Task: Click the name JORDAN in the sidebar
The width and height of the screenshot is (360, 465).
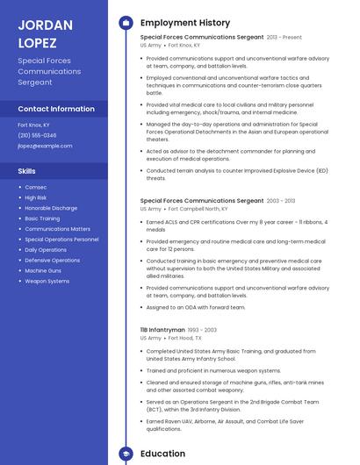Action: pos(45,25)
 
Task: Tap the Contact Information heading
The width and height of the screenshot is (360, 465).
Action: pos(56,109)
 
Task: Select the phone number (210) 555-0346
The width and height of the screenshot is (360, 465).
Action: pos(37,135)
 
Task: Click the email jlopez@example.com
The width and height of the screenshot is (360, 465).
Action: pos(45,146)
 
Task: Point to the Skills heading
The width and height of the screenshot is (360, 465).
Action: pos(27,171)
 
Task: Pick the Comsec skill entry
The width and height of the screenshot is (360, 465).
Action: pos(36,187)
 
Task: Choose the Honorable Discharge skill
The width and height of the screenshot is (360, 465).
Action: pos(51,208)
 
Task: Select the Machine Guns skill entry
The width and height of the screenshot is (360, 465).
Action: pos(43,270)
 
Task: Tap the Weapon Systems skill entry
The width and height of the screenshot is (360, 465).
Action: pos(47,281)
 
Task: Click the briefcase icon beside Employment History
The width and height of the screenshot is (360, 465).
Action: pos(125,23)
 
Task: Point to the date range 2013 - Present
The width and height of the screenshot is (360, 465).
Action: pos(284,38)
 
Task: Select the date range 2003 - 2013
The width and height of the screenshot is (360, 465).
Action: pos(281,201)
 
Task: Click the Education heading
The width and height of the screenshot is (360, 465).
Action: pos(162,454)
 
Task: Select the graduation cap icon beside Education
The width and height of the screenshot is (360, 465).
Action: pos(125,454)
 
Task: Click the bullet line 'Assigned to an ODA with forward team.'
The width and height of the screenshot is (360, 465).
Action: pos(196,307)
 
